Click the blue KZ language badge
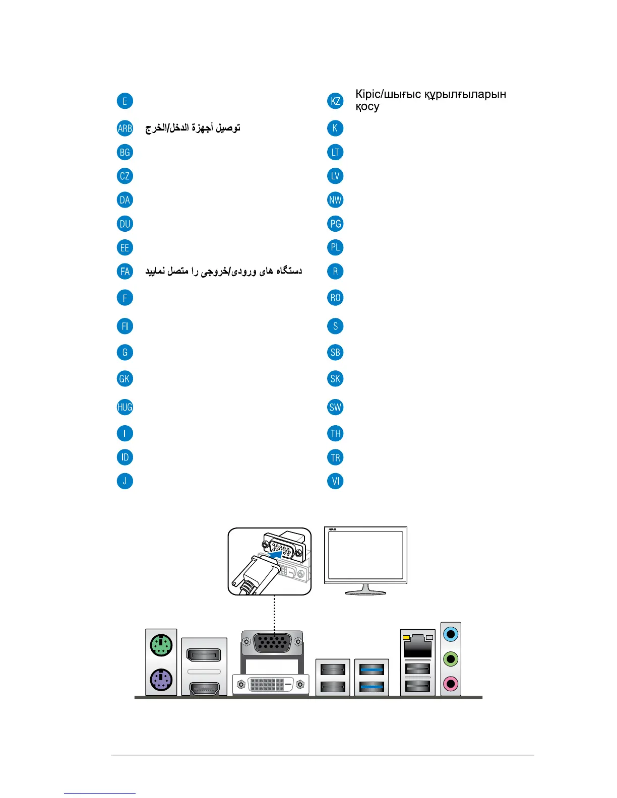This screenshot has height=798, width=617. pyautogui.click(x=335, y=101)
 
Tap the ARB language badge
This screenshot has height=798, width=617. pyautogui.click(x=125, y=128)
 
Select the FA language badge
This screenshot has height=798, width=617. pyautogui.click(x=125, y=272)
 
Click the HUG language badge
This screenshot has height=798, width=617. pyautogui.click(x=125, y=407)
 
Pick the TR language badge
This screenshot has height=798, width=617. pyautogui.click(x=335, y=457)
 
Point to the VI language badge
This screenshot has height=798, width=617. pyautogui.click(x=335, y=481)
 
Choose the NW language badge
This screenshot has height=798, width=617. pyautogui.click(x=335, y=200)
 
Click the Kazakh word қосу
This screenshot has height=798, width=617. pyautogui.click(x=367, y=107)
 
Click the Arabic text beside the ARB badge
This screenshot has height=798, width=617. pyautogui.click(x=193, y=128)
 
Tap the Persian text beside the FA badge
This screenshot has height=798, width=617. pyautogui.click(x=223, y=272)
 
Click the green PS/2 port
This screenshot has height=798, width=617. pyautogui.click(x=161, y=645)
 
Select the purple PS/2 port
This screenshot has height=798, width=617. pyautogui.click(x=161, y=680)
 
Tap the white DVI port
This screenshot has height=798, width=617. pyautogui.click(x=271, y=684)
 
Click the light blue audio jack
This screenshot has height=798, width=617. pyautogui.click(x=451, y=634)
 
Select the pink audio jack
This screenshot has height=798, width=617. pyautogui.click(x=451, y=684)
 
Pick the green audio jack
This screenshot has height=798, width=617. pyautogui.click(x=451, y=659)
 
